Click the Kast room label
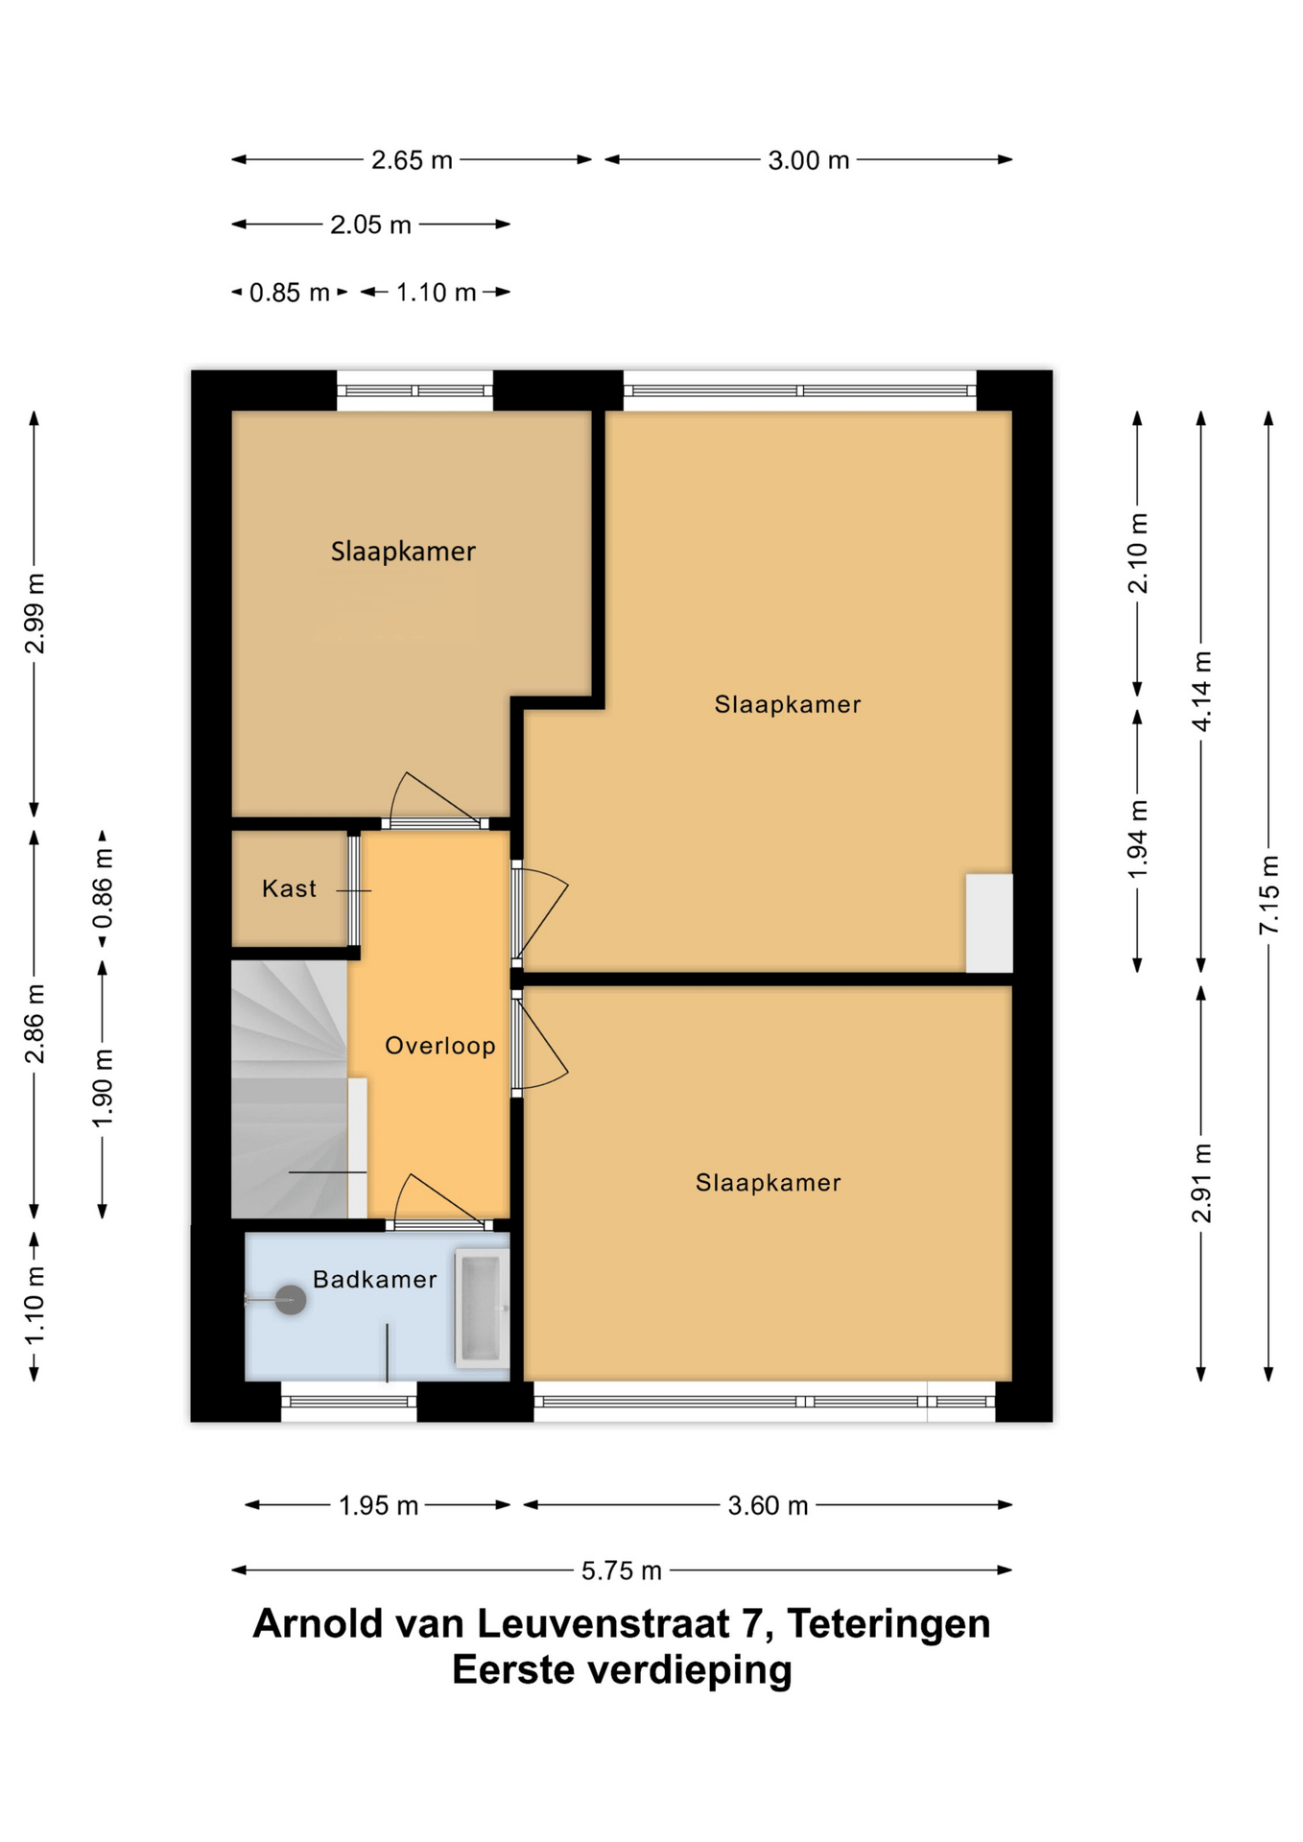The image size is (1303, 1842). point(289,888)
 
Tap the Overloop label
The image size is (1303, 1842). point(440,1046)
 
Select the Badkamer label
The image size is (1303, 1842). point(375,1279)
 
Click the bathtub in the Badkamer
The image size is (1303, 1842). point(481,1308)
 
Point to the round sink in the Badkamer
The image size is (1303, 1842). point(290,1300)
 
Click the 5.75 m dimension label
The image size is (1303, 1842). point(622,1570)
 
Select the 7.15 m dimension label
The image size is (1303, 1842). point(1268,894)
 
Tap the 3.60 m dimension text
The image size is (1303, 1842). point(768,1505)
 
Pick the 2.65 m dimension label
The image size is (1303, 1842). point(412,160)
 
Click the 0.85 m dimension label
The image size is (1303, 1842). point(289,293)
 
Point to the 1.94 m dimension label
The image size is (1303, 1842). point(1137,839)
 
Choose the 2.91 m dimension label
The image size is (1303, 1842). point(1201,1183)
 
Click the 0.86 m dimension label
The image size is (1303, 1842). point(103,888)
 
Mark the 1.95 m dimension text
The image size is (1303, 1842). point(378,1505)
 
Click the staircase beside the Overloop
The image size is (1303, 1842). point(289,1090)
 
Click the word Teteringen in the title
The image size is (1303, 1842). point(888,1624)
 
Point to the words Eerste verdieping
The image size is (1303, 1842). point(622,1670)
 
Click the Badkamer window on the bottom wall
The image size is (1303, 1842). point(348,1402)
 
